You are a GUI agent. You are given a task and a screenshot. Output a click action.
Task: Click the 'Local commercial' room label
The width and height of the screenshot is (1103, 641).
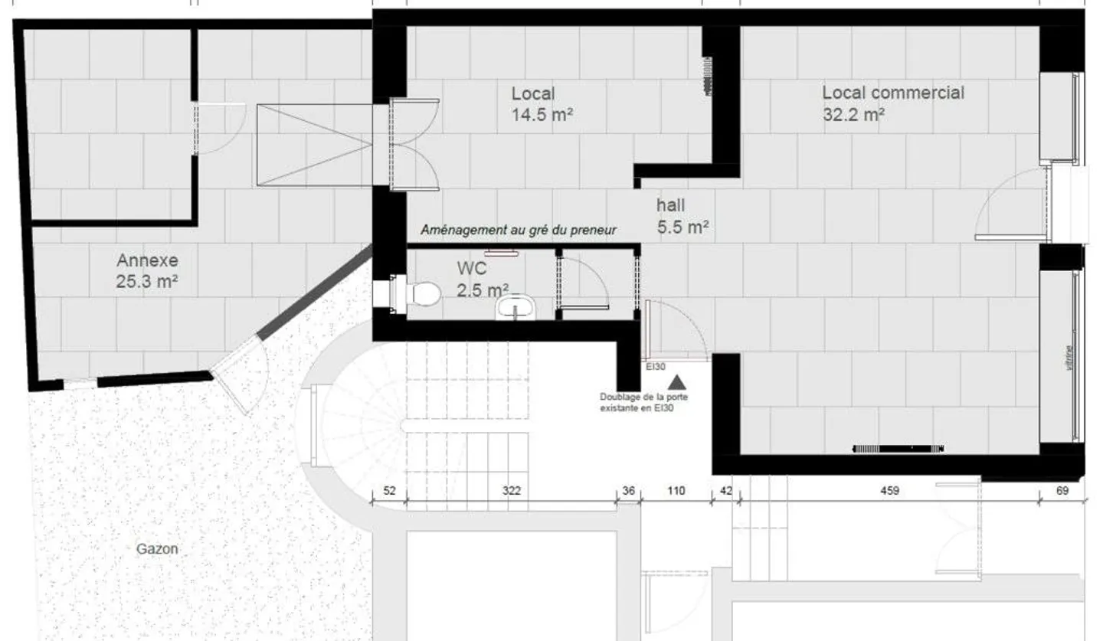point(893,93)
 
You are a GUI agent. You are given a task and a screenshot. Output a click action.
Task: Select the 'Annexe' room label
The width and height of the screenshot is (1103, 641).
point(147,260)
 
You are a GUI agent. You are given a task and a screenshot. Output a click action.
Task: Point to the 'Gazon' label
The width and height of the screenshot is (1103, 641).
point(157,548)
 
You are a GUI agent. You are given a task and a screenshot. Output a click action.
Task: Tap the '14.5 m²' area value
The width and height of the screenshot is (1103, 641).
point(543,116)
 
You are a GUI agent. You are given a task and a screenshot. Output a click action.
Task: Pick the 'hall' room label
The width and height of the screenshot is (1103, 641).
point(671,205)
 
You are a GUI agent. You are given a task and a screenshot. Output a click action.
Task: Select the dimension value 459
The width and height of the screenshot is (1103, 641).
point(889,491)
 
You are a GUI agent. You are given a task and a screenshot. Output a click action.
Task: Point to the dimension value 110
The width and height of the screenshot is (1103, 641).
point(676,491)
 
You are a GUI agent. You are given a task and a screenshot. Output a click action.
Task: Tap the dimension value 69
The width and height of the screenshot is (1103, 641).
point(1062,491)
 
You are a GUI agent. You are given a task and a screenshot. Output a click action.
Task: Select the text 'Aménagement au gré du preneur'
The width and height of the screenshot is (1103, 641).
point(519,229)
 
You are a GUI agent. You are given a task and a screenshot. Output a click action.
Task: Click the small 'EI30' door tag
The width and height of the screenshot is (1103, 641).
point(654,367)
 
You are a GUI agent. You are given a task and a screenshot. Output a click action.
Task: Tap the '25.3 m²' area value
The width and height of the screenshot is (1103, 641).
point(147,282)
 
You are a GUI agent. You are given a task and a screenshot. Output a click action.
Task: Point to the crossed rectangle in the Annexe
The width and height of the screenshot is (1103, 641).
point(314,146)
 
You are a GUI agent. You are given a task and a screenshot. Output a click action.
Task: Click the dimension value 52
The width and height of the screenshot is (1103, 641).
point(389,491)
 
